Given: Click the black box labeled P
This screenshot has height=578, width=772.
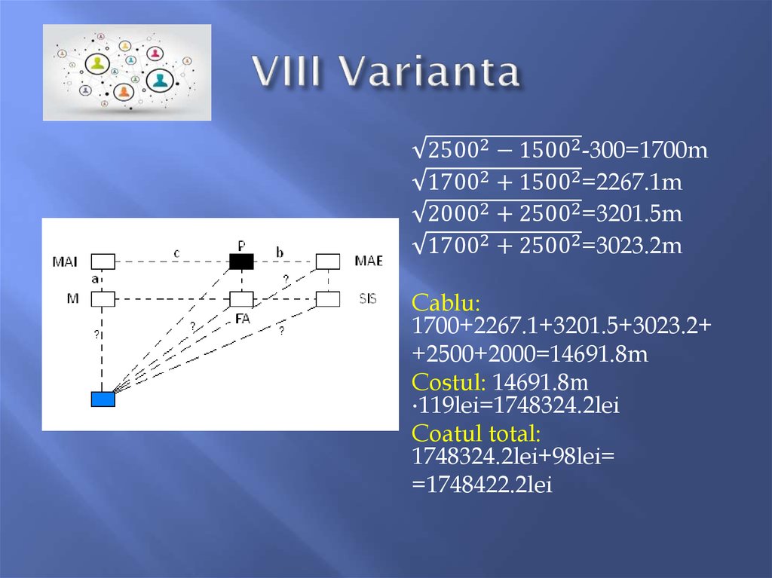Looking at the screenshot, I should [241, 261].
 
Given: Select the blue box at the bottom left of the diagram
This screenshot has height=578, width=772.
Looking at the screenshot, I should [103, 399].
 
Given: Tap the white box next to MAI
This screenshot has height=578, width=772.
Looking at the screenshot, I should [103, 261].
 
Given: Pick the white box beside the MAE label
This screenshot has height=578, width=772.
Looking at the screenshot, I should [328, 261].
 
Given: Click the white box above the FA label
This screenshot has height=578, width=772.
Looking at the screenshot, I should [241, 299].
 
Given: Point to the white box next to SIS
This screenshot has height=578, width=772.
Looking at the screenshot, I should [328, 299].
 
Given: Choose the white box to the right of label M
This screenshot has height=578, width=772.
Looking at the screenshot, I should [103, 299].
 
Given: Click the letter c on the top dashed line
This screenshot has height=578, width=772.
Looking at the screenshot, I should [176, 254].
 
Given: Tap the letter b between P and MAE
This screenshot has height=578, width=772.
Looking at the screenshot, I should [280, 254].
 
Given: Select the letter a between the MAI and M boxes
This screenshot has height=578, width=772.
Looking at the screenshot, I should [95, 279].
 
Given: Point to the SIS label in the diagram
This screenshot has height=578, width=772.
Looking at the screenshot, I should [367, 299].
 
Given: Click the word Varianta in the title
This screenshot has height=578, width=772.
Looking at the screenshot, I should [428, 73].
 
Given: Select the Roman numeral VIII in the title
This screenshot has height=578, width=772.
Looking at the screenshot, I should [289, 73].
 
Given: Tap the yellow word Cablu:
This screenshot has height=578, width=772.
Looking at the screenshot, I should [446, 304].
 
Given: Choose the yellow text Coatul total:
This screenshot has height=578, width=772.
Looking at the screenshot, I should [476, 433].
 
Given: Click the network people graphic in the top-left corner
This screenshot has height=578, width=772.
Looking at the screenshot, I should [127, 72].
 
